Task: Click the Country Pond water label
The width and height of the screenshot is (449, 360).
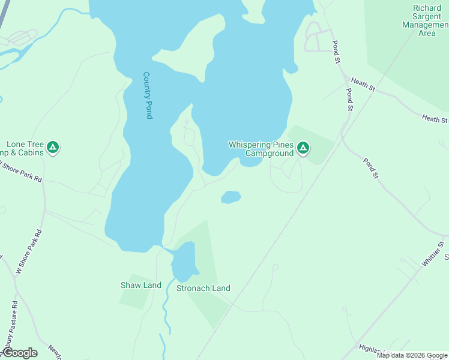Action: click(147, 95)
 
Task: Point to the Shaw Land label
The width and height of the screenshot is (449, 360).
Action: click(141, 285)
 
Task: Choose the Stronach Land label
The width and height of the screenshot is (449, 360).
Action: click(203, 288)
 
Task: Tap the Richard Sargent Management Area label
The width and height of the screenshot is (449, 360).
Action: click(427, 20)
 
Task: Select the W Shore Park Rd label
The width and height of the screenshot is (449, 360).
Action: click(29, 251)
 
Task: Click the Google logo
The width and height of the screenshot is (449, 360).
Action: click(19, 353)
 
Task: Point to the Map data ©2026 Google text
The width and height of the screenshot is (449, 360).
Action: click(412, 355)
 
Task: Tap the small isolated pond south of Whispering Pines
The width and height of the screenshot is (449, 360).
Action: click(231, 197)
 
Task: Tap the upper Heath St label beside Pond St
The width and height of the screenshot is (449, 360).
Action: click(363, 85)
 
